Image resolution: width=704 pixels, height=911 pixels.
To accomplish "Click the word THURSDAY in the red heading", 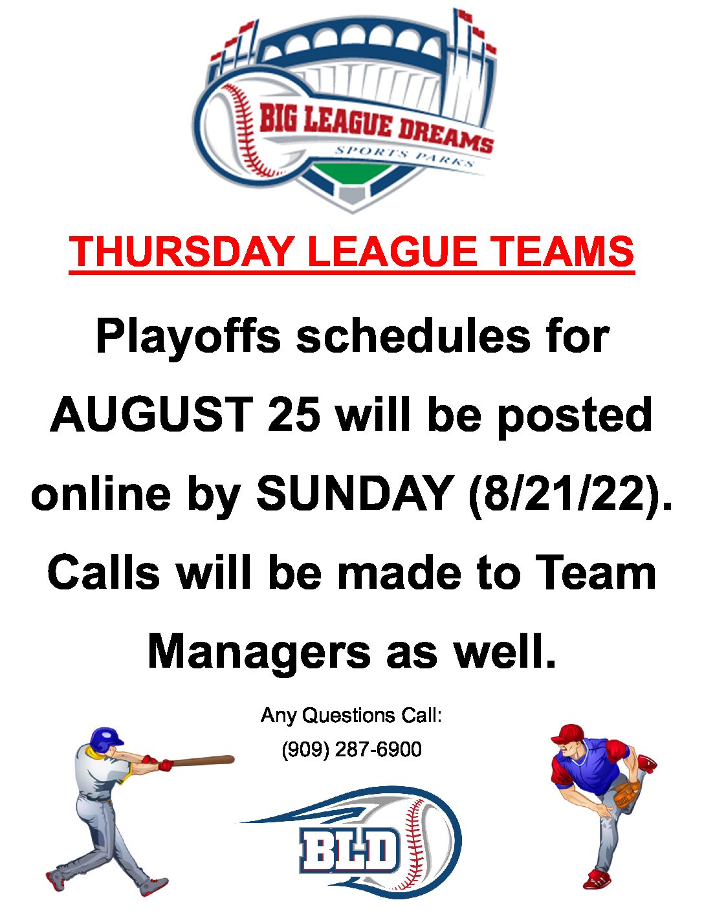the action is point(180,252).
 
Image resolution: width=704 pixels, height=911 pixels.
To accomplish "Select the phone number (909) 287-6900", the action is point(352,749).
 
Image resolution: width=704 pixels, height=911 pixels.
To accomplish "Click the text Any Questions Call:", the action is point(351,715).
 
